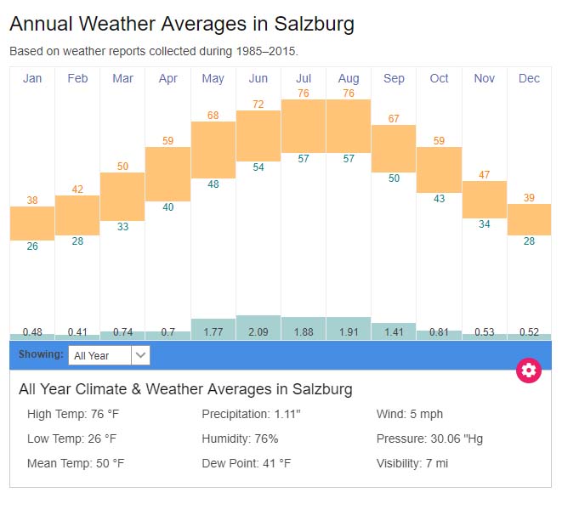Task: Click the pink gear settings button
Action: (529, 370)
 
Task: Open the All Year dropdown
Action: (109, 355)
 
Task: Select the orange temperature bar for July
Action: (304, 126)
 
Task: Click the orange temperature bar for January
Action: (32, 224)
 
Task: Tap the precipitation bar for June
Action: (258, 327)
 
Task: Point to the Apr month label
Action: (167, 79)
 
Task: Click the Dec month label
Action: (529, 79)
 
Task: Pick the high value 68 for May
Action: (213, 116)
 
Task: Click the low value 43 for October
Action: (439, 199)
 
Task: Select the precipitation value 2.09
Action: (258, 332)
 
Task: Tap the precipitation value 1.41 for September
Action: (394, 332)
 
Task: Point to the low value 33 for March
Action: (122, 227)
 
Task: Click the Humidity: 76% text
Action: (240, 439)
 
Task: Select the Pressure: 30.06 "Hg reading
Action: (431, 439)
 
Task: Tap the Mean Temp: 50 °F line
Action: (76, 463)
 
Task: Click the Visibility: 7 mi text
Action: (412, 463)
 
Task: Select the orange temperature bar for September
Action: (394, 149)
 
